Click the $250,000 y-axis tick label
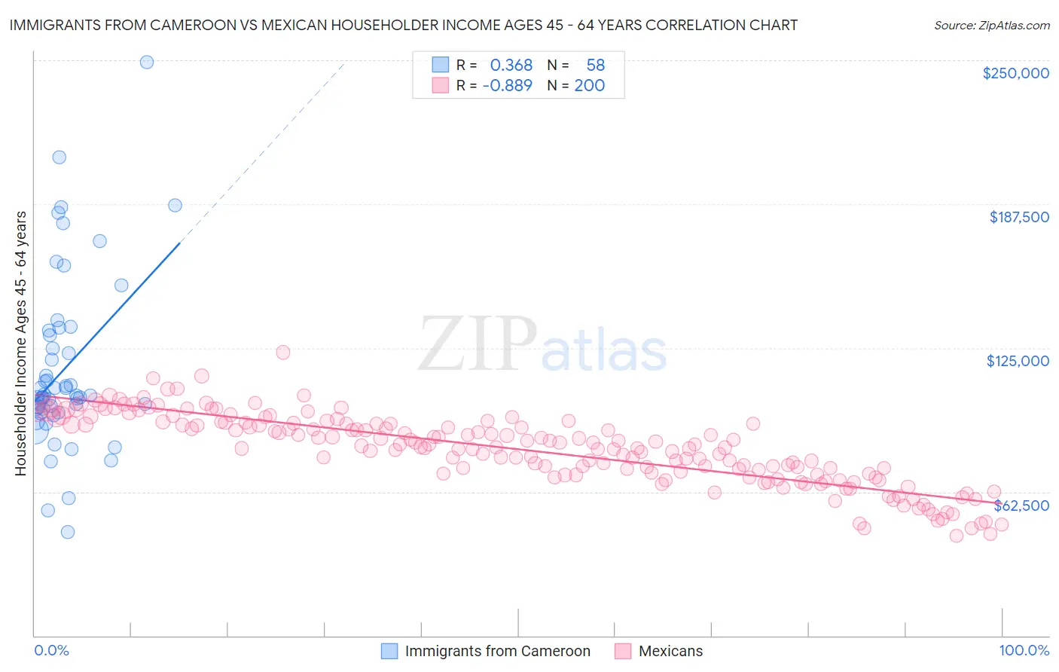(1015, 73)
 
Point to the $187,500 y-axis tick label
(1018, 217)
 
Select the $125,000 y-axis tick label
(1018, 361)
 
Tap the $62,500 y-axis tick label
(1021, 506)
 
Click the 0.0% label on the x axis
(51, 650)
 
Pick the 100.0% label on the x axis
(1024, 650)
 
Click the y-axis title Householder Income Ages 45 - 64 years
(20, 344)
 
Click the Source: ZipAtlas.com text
(991, 25)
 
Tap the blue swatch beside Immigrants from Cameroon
(389, 651)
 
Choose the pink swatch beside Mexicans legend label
(623, 651)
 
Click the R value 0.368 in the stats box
(511, 66)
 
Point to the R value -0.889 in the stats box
(507, 85)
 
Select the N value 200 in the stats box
(589, 85)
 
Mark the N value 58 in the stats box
(595, 66)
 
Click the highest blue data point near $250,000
(147, 62)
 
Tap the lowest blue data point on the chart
(68, 532)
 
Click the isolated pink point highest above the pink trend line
(283, 352)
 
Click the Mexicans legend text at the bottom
(670, 651)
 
